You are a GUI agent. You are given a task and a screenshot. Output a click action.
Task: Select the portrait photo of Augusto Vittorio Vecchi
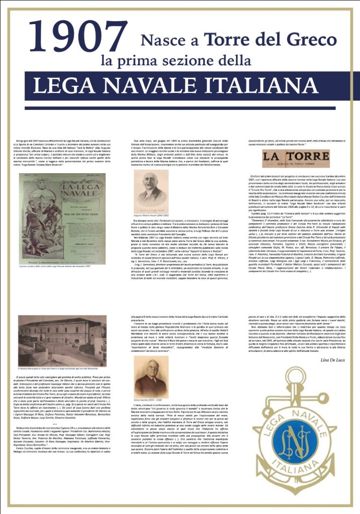(x=150, y=191)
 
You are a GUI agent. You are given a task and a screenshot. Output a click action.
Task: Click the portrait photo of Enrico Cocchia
(x=151, y=377)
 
